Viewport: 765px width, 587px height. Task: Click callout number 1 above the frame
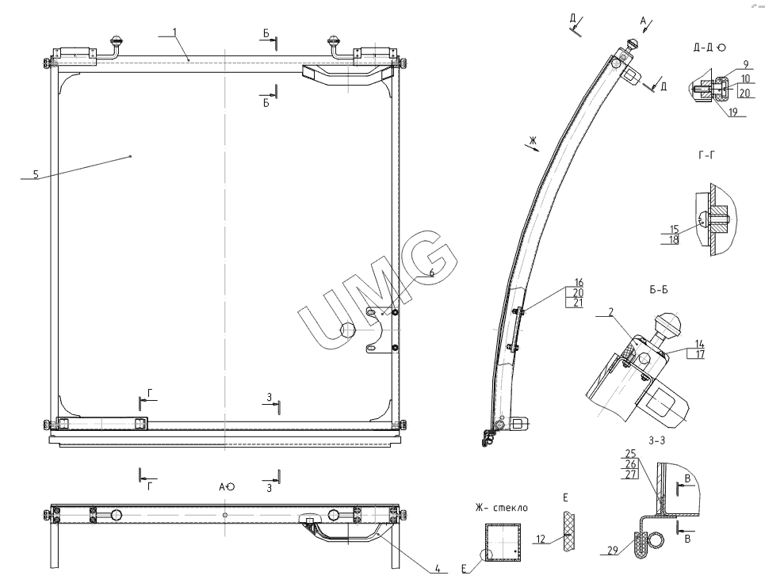(x=174, y=32)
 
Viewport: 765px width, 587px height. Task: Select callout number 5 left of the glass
(x=36, y=174)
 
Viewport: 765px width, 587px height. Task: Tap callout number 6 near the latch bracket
(x=431, y=273)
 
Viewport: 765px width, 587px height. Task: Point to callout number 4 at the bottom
(x=438, y=569)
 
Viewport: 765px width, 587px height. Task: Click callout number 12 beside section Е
(x=541, y=539)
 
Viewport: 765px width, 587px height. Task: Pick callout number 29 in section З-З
(x=613, y=550)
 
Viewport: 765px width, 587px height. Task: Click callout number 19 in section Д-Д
(x=732, y=112)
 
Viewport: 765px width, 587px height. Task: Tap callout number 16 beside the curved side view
(x=579, y=282)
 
